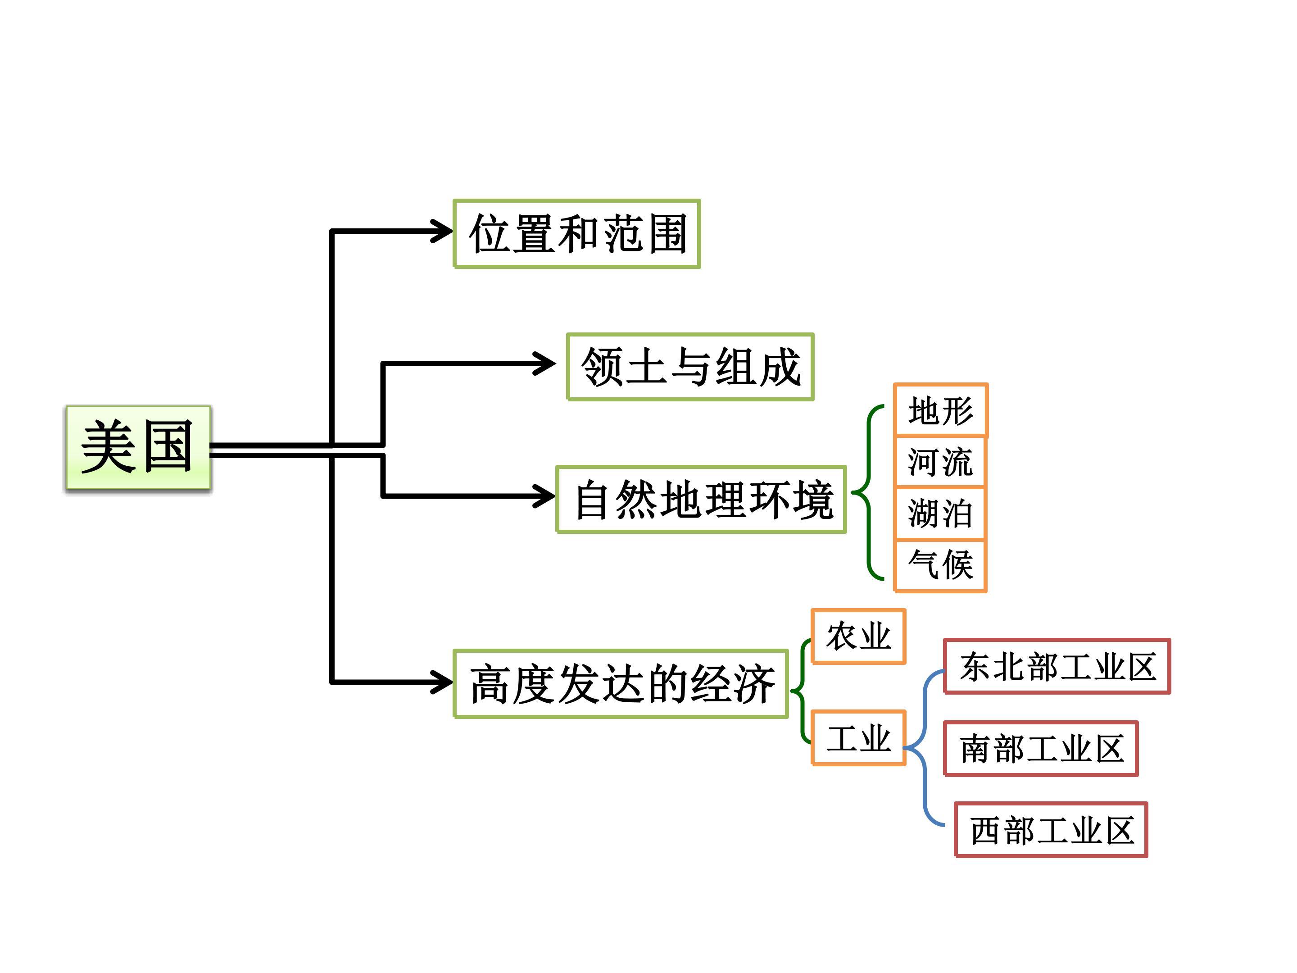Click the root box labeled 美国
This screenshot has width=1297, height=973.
[138, 447]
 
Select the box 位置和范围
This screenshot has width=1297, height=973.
[577, 233]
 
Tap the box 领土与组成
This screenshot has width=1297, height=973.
[690, 367]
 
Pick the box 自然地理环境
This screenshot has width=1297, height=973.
[701, 499]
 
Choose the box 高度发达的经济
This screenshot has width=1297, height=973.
[621, 683]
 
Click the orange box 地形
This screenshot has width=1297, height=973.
[940, 410]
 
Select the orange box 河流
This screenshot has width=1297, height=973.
[940, 462]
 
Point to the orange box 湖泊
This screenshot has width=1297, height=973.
[940, 513]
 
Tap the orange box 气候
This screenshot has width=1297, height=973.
[940, 565]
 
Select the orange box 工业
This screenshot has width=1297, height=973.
[858, 738]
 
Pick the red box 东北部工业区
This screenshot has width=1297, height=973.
[1057, 666]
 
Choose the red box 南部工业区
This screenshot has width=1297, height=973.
[1041, 748]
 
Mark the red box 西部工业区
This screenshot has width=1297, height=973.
[1051, 830]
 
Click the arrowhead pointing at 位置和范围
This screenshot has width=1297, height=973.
[441, 231]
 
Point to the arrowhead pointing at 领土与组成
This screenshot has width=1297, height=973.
[544, 363]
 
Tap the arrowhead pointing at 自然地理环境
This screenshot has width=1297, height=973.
[544, 496]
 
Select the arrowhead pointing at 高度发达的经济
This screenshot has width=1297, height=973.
[441, 682]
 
